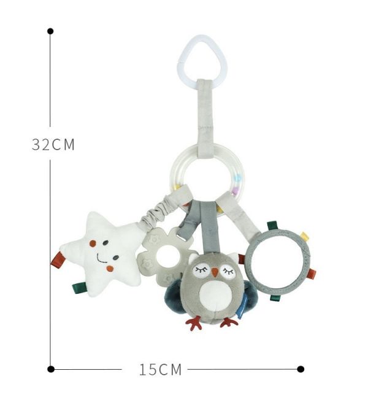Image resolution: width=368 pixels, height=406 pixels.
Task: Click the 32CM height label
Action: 53,145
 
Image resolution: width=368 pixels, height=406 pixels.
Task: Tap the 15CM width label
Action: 160,369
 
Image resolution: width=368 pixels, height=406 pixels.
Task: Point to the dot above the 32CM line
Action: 50,31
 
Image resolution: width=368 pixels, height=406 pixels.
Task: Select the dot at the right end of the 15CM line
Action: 301,369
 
